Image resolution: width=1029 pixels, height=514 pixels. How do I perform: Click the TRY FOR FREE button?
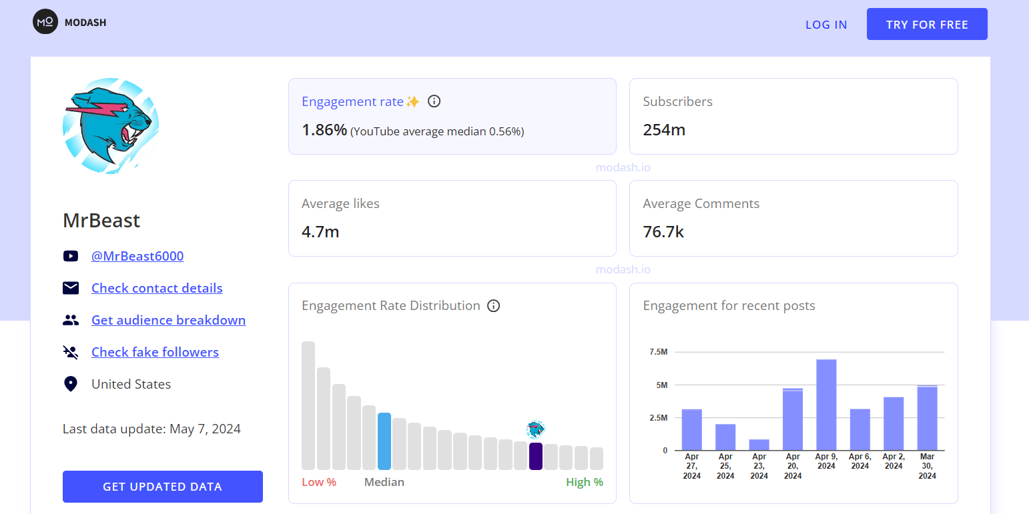coord(927,25)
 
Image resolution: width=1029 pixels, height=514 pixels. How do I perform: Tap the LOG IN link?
coord(826,25)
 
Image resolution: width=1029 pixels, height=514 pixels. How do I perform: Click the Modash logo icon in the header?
coord(45,22)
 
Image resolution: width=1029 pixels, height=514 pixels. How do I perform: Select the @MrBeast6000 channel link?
coord(137,256)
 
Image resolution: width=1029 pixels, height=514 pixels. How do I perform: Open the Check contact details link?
coord(157,288)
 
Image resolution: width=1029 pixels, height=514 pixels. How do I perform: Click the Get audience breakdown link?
coord(168,320)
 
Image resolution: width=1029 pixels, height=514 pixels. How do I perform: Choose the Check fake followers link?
coord(155,352)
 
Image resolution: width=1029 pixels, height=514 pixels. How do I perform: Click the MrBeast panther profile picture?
coord(111,126)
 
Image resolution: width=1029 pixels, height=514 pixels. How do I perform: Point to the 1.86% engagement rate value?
coord(324,130)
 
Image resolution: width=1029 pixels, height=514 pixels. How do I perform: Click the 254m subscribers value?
coord(664,130)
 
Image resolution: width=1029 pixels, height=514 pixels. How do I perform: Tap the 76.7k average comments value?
coord(663,232)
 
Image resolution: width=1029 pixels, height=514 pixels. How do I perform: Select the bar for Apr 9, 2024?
coord(826,405)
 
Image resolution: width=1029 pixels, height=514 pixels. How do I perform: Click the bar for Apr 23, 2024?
coord(759,445)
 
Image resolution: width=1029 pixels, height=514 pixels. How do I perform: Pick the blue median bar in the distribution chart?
coord(384,441)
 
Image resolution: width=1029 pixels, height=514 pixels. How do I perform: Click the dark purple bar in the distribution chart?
coord(535,456)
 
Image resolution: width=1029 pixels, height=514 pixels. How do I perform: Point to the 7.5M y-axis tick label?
coord(657,352)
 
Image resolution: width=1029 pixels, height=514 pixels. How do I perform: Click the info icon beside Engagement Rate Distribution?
coord(493,306)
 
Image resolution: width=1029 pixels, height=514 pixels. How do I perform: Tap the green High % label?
coord(584,482)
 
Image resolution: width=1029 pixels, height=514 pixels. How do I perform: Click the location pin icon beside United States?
coord(71,384)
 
